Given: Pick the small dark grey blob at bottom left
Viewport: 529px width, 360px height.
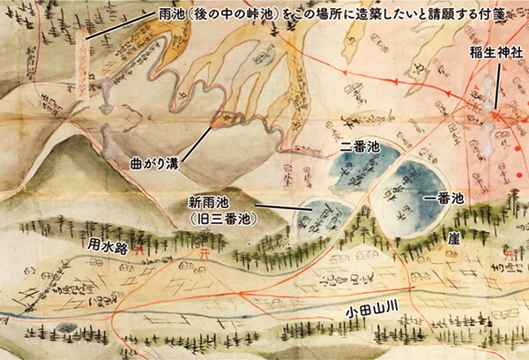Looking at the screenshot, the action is [66, 327].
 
